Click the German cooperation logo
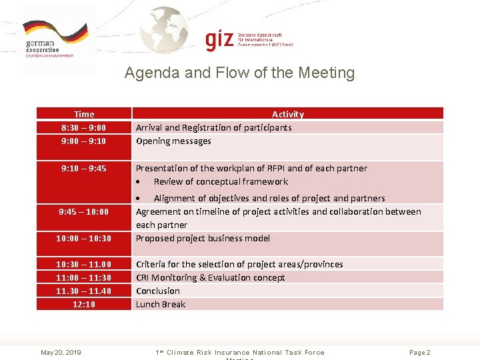[55, 39]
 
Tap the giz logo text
[220, 40]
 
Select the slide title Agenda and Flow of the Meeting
[239, 73]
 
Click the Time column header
[84, 114]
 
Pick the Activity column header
[287, 114]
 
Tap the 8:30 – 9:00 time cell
[84, 127]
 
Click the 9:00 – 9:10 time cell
[84, 141]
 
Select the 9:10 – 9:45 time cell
[84, 168]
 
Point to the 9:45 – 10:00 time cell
[84, 211]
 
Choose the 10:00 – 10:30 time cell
[84, 238]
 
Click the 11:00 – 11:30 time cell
[84, 277]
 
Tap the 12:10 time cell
[84, 304]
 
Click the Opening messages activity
[173, 141]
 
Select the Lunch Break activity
[161, 304]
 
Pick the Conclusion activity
[158, 291]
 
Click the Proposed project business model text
[203, 238]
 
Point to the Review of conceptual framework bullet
[221, 181]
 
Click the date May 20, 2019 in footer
[61, 352]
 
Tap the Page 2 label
[420, 352]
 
